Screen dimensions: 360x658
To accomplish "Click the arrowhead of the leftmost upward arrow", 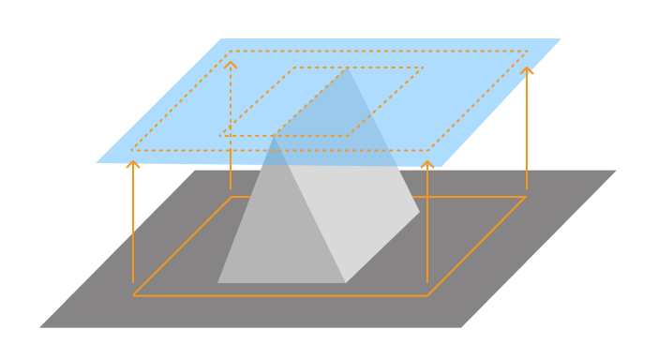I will (133, 163).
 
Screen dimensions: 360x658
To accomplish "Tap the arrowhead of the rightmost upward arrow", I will (527, 68).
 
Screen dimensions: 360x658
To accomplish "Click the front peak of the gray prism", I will (274, 138).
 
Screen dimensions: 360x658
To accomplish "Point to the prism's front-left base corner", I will (218, 282).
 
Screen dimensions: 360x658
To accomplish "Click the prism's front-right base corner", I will (345, 282).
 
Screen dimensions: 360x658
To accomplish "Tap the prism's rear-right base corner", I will (419, 213).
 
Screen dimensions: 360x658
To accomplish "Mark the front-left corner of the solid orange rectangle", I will (133, 295).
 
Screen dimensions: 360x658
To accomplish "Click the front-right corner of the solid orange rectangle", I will (427, 295).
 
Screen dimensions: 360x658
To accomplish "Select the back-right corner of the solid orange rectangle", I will (526, 197).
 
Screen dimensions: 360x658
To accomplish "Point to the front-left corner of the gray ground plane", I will (40, 327).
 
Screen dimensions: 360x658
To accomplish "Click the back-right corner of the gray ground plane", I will (616, 171).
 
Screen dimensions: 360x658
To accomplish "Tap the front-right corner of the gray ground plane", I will (461, 327).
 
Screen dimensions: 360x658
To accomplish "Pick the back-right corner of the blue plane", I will (561, 38).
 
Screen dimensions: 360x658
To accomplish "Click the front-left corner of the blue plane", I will (97, 163).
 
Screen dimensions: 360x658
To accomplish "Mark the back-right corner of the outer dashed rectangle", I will (528, 52).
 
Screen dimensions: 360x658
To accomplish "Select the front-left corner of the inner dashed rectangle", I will (220, 136).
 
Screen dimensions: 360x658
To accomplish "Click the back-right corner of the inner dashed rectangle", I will (423, 67).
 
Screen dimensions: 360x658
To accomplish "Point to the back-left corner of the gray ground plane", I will (195, 171).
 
